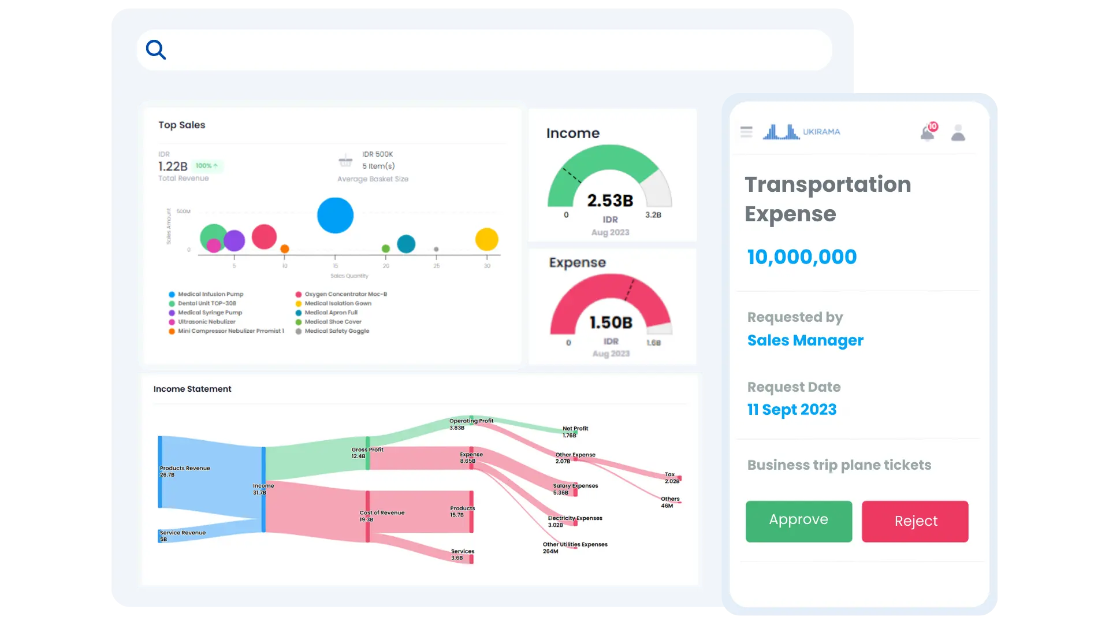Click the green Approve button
tap(798, 521)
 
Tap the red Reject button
tap(915, 521)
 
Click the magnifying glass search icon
tap(156, 50)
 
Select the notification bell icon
tap(928, 133)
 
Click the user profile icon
tap(958, 133)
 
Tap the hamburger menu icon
tap(746, 132)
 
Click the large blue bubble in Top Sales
tap(335, 216)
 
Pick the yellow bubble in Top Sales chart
tap(486, 239)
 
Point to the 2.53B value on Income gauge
tap(610, 200)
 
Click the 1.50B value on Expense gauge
tap(611, 322)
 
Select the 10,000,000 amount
tap(802, 257)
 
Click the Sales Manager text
tap(805, 340)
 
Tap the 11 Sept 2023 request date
tap(791, 410)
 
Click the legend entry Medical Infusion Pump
tap(210, 294)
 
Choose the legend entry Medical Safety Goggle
tap(337, 331)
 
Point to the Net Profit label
tap(575, 429)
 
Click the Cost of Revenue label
tap(382, 512)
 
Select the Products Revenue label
tap(185, 468)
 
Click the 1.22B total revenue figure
tap(173, 166)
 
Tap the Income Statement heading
tap(192, 389)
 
